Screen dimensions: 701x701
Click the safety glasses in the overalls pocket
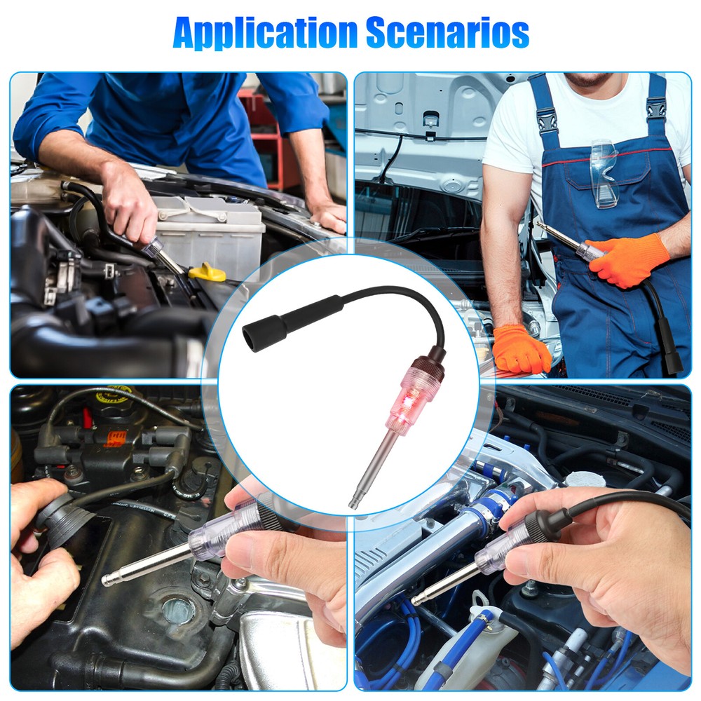pos(604,172)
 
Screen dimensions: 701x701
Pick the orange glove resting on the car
pos(521,349)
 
